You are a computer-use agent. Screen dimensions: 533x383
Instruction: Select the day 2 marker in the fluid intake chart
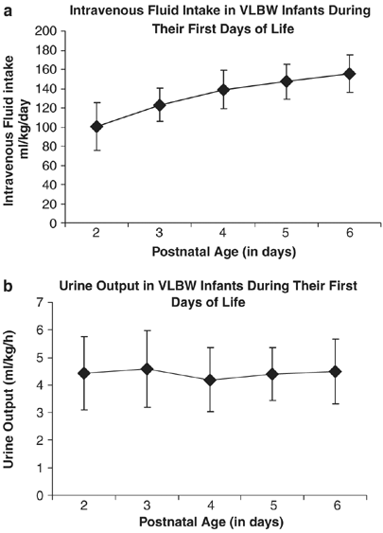click(x=97, y=126)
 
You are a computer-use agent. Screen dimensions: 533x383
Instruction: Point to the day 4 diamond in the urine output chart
click(x=210, y=380)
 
